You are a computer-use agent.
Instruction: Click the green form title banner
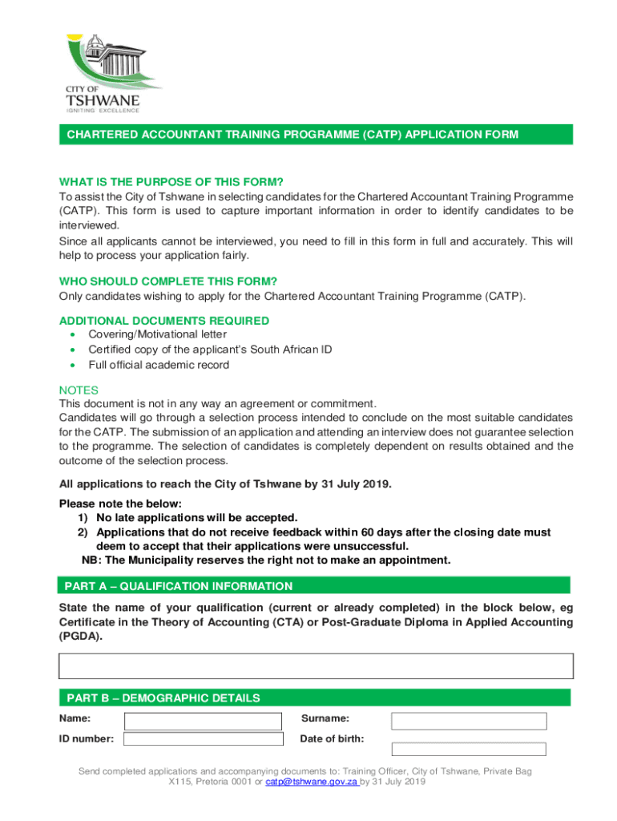coord(314,135)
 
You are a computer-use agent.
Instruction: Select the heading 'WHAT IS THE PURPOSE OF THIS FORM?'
coord(171,182)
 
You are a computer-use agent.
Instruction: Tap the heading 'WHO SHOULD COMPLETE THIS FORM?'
coord(168,281)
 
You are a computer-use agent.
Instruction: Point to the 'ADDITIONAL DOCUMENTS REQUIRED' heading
coord(164,321)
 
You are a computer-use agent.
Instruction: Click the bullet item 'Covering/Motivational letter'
coord(157,334)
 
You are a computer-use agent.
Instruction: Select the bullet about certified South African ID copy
coord(210,350)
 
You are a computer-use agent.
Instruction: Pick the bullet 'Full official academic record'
coord(159,365)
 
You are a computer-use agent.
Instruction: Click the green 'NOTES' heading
coord(79,390)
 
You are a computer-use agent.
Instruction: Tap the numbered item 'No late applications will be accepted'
coord(197,518)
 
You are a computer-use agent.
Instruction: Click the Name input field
coord(202,721)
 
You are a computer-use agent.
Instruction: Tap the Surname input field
coord(469,721)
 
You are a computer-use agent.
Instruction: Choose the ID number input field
coord(204,739)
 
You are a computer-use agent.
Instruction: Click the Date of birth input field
coord(469,750)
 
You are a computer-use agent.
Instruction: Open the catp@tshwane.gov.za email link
coord(312,782)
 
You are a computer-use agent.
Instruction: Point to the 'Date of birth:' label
coord(332,738)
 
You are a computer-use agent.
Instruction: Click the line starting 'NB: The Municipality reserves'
coord(266,560)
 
